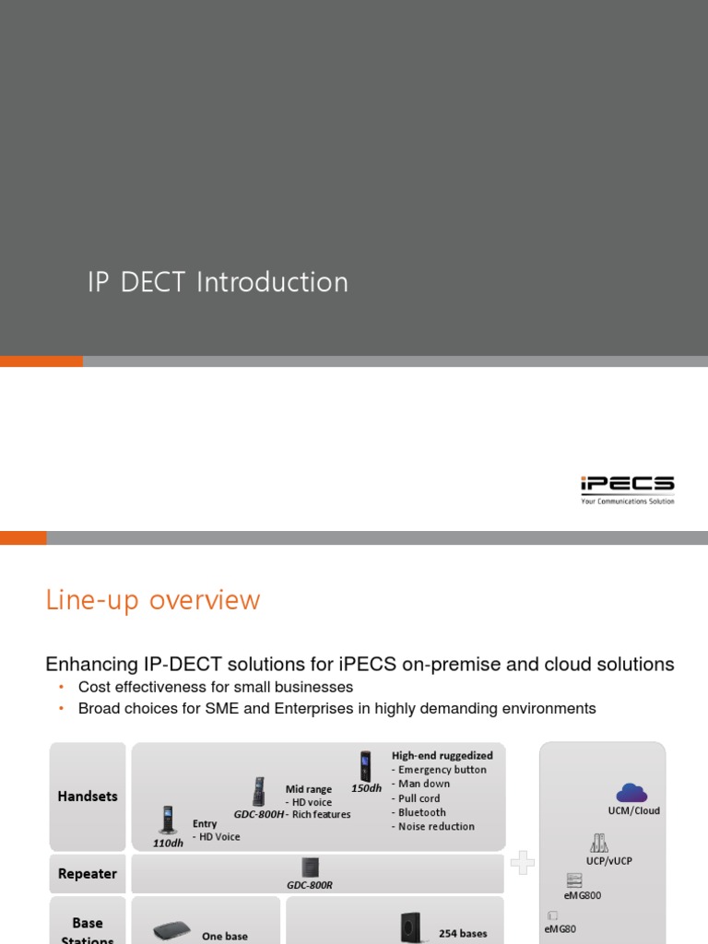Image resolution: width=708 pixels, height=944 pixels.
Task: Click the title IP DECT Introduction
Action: click(x=218, y=282)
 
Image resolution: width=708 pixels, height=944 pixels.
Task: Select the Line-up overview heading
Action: click(x=153, y=600)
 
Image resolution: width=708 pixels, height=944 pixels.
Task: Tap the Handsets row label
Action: click(x=88, y=796)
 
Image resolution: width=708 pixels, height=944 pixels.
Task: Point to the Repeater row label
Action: click(x=88, y=874)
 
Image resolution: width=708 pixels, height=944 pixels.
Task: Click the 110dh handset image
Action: click(x=168, y=820)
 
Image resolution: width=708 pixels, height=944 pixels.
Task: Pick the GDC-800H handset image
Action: click(x=259, y=792)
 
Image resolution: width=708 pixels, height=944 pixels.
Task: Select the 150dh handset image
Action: click(x=366, y=766)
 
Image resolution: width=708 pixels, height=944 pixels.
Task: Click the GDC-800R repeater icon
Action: click(x=310, y=867)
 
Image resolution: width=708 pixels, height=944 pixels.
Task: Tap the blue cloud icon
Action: click(x=632, y=792)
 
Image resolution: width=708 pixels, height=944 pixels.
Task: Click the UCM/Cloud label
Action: click(x=634, y=811)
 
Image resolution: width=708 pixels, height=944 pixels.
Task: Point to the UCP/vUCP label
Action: click(x=609, y=861)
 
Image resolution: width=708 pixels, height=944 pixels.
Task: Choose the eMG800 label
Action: click(x=583, y=895)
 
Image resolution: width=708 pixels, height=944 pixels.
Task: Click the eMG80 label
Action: click(x=560, y=929)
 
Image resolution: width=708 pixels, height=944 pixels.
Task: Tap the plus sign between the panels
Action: click(x=523, y=863)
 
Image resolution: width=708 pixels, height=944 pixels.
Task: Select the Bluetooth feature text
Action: click(x=421, y=812)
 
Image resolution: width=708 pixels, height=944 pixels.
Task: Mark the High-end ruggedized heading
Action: click(x=442, y=756)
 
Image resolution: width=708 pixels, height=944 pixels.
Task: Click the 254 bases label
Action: click(x=463, y=934)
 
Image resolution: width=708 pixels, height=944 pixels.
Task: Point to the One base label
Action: click(x=225, y=937)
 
